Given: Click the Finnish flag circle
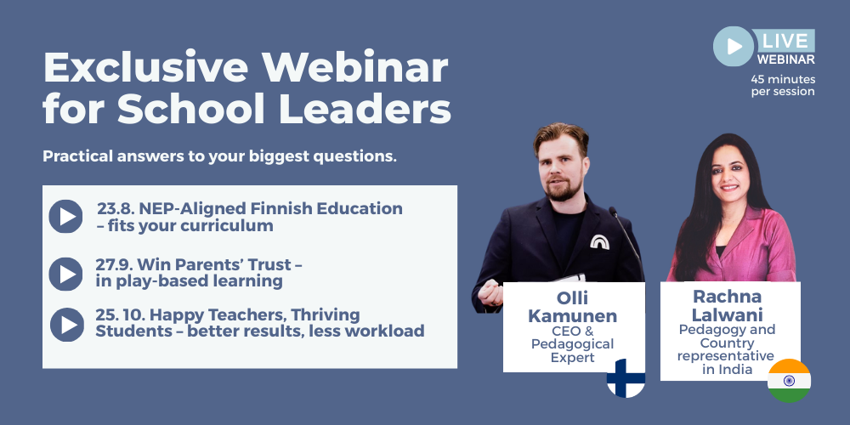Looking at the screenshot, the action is [626, 378].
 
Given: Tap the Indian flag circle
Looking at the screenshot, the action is [789, 381].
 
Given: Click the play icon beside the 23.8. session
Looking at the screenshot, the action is [65, 216].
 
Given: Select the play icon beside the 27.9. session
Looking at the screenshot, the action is [65, 274].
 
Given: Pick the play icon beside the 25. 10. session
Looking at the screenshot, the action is [67, 324].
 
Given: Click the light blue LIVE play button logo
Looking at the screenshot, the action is [733, 46].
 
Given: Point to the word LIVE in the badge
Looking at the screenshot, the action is [785, 41].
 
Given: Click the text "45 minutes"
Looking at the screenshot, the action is [784, 79].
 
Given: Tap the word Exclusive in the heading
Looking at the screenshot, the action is [146, 67].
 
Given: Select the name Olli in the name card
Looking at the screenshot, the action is [572, 297].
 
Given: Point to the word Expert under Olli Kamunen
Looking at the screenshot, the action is [572, 357].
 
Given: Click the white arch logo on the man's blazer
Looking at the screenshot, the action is [599, 241].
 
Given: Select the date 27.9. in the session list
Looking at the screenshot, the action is [114, 265].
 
